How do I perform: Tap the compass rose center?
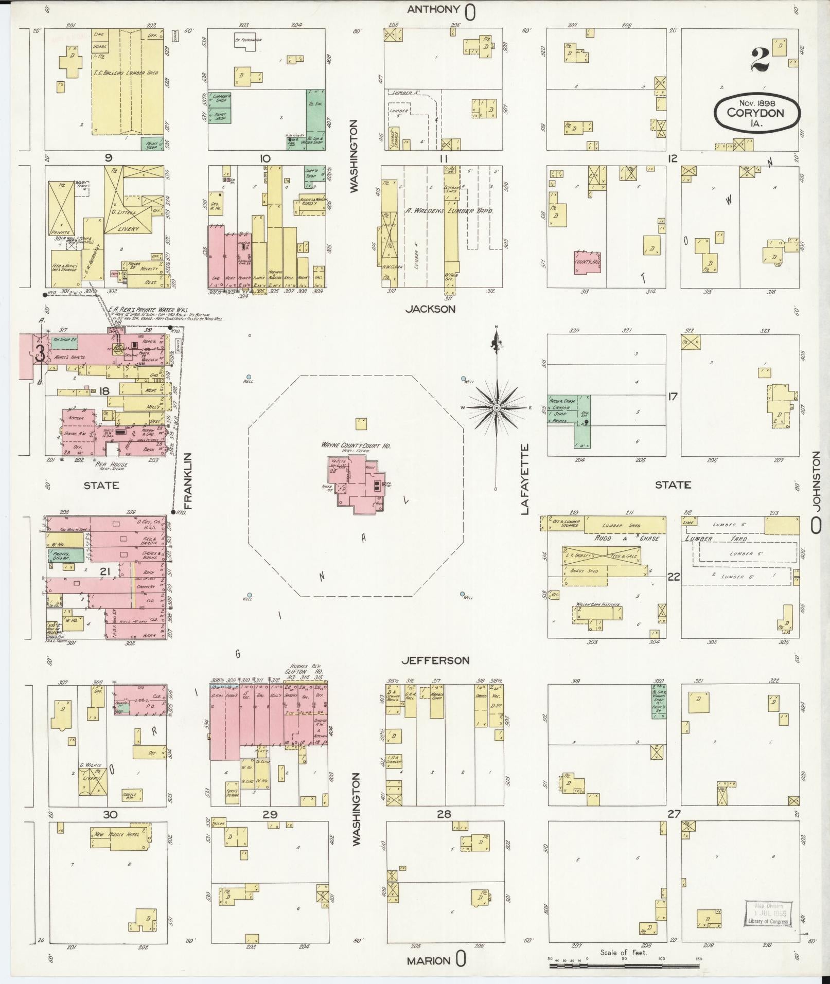(497, 407)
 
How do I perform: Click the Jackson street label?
(430, 309)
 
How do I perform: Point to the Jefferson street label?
(435, 660)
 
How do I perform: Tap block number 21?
(105, 571)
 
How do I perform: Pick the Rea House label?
(112, 464)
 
